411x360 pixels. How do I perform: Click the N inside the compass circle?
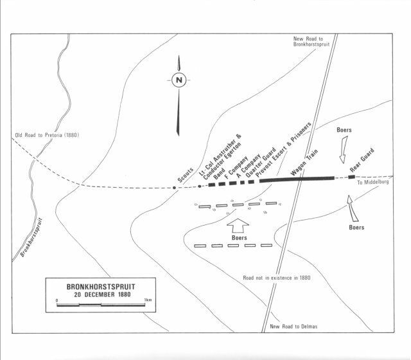tap(179, 80)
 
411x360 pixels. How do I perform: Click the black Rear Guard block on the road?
tap(351, 177)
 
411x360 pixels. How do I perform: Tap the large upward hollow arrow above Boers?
tap(237, 226)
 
